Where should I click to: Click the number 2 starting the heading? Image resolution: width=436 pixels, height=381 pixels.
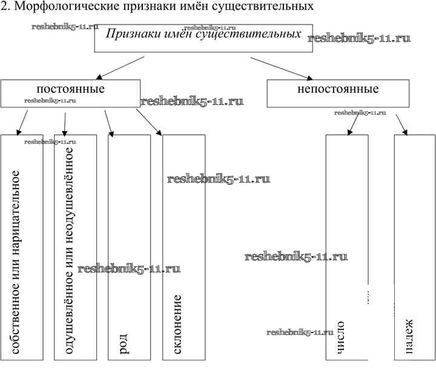point(4,7)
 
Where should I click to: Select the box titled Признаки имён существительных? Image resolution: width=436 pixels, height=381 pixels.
point(203,38)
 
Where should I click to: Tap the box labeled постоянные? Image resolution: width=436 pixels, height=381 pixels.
point(70,93)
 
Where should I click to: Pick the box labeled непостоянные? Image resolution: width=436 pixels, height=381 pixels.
point(337,93)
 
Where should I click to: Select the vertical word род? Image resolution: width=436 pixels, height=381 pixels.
point(124,342)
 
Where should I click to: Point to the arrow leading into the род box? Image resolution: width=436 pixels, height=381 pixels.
point(109,123)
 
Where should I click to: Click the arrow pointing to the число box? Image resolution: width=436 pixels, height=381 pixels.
point(353,124)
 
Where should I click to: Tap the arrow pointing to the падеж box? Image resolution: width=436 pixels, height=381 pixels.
point(400,124)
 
